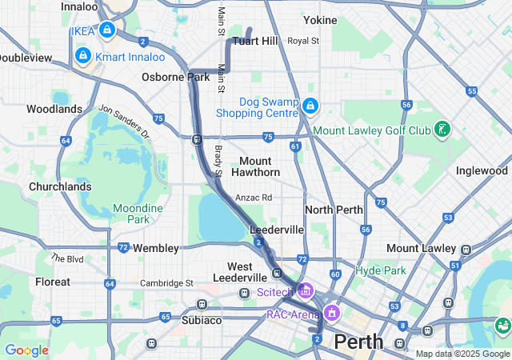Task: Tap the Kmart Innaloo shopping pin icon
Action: tap(82, 55)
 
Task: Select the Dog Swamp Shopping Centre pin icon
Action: tap(310, 105)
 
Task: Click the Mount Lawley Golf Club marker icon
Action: tap(442, 130)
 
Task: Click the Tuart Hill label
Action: tap(254, 41)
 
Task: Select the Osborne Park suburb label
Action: tap(175, 77)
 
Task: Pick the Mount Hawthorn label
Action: tap(255, 166)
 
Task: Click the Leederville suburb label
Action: tap(277, 230)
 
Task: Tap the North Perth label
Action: tap(334, 210)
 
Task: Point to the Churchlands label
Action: tap(60, 186)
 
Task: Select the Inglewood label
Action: tap(482, 170)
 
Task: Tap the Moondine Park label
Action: tap(138, 214)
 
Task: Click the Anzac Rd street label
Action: tap(254, 197)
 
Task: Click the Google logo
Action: tap(26, 350)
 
